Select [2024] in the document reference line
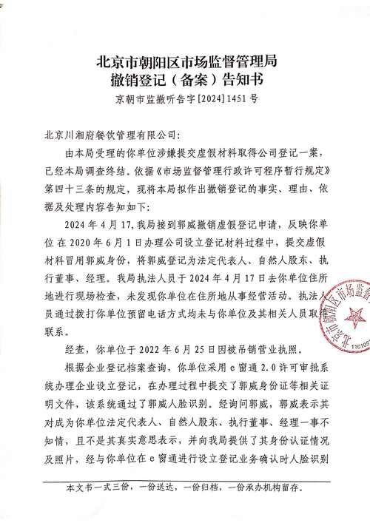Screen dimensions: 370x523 point(203,98)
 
